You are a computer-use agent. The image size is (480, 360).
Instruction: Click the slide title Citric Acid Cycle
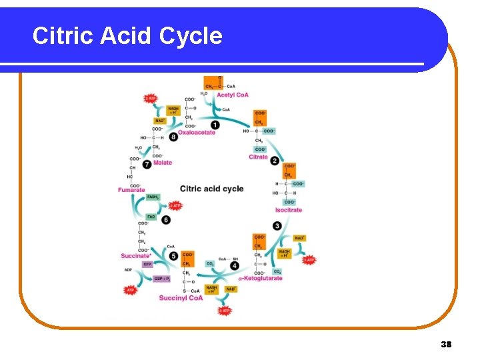tap(127, 35)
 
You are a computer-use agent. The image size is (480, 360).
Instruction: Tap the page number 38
tap(446, 344)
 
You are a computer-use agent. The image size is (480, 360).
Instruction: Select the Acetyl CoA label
tap(233, 95)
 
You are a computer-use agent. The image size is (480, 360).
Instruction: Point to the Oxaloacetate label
tap(197, 132)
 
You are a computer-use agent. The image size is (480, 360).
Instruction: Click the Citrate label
tap(258, 157)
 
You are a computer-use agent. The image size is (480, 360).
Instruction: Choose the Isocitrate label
tap(289, 210)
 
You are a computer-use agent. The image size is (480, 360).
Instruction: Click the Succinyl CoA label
tap(181, 298)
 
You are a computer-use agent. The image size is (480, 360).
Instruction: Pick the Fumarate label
tap(131, 190)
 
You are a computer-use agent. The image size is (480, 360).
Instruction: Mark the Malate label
tap(162, 163)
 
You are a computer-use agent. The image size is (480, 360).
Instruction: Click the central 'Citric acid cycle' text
tap(212, 189)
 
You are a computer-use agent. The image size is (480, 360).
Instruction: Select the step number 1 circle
tap(215, 125)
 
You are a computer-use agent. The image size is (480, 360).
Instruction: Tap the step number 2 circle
tap(275, 159)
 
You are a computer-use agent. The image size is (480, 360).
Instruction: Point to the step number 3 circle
tap(277, 226)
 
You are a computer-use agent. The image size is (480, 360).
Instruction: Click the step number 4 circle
tap(235, 265)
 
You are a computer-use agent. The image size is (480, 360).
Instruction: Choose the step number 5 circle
tap(173, 256)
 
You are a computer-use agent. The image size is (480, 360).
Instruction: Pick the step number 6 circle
tap(165, 220)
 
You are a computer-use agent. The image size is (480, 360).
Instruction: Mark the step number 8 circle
tap(173, 137)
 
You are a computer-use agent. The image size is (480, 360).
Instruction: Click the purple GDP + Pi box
tap(163, 279)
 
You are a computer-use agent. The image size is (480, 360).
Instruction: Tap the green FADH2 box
tap(153, 197)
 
